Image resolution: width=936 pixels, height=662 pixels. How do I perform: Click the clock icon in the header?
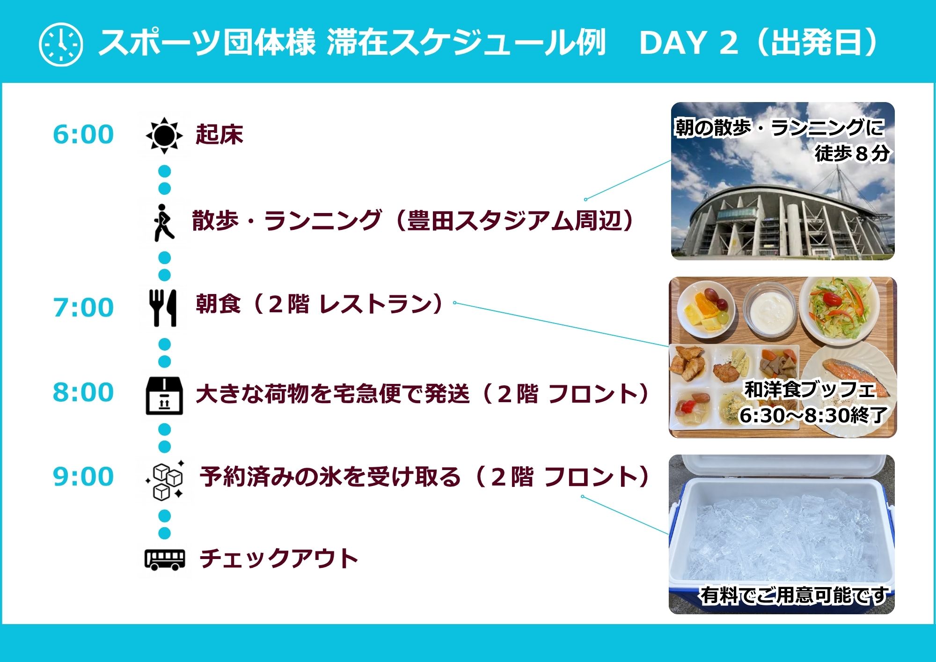coord(61,44)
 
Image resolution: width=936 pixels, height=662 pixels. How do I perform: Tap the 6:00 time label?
coord(83,134)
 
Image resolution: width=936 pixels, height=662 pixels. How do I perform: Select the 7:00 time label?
coord(83,308)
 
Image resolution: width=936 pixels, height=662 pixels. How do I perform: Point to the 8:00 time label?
coord(83,392)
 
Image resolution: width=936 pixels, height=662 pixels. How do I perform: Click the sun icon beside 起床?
coord(164,136)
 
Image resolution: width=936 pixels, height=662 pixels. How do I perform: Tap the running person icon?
coord(164,222)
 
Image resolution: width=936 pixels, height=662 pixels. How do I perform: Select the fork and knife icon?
coord(163,308)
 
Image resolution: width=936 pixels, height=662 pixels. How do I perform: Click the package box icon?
coord(164,396)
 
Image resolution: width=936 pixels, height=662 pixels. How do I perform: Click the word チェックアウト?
coord(279,559)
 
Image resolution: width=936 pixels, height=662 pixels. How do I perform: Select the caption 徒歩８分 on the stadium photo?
coord(852,153)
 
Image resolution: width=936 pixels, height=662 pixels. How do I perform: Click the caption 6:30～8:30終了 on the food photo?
coord(813,415)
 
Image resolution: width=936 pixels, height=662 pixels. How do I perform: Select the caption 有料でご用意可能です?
coord(794,596)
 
